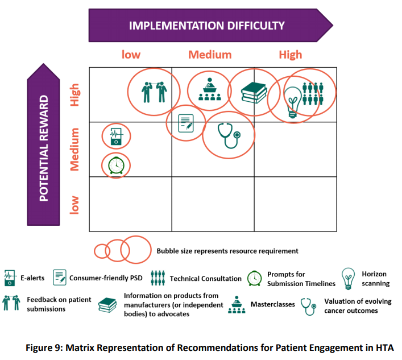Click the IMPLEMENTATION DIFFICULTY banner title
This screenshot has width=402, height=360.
[206, 26]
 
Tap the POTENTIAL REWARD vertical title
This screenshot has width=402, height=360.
[44, 148]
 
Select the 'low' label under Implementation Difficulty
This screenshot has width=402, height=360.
[131, 55]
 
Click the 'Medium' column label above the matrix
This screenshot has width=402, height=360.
[210, 55]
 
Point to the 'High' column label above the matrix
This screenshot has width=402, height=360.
[291, 55]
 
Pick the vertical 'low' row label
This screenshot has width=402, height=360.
[74, 205]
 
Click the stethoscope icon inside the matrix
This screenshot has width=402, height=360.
[229, 136]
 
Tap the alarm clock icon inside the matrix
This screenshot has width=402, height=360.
[116, 165]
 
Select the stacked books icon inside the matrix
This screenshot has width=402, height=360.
[254, 93]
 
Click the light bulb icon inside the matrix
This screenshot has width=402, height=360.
[293, 102]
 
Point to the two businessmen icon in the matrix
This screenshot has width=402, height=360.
[154, 92]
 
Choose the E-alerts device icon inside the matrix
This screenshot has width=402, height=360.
[116, 136]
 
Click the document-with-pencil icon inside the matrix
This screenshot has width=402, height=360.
[186, 123]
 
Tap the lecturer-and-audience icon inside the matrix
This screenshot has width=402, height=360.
[210, 89]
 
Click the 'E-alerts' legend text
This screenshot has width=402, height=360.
[32, 278]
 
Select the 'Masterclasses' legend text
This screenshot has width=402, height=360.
[273, 304]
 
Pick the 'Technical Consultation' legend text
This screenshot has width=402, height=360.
[206, 279]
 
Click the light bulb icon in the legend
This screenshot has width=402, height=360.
[348, 279]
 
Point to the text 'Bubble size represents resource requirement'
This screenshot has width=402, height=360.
[227, 251]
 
